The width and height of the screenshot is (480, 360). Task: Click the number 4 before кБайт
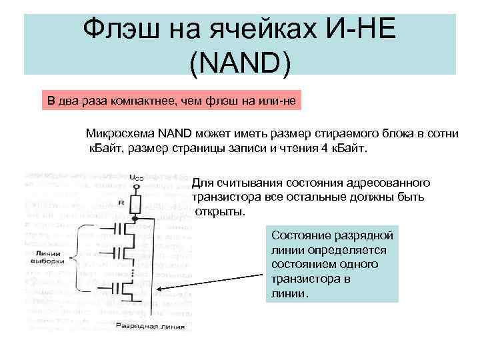coord(324,147)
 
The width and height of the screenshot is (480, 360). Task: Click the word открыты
coord(221,212)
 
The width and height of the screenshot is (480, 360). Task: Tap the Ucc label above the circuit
coord(136,177)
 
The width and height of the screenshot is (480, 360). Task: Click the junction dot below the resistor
coord(136,217)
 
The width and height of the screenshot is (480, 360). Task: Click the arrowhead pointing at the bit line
coord(163,289)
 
